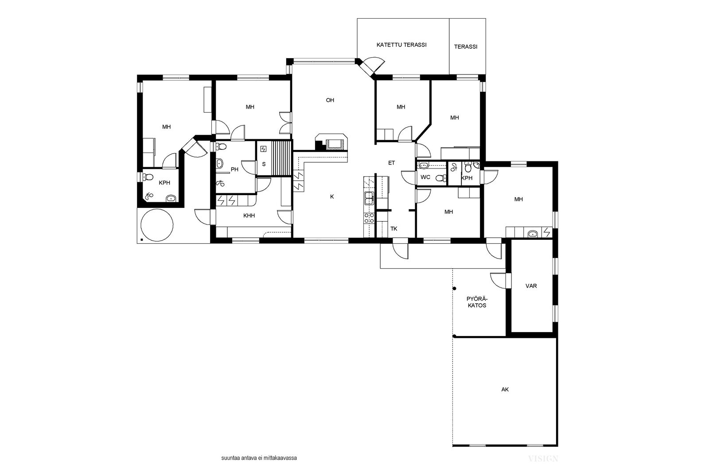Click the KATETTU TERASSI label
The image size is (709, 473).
click(401, 45)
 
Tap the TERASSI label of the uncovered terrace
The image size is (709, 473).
click(466, 47)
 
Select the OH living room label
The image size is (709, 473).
click(330, 100)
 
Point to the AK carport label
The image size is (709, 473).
click(505, 389)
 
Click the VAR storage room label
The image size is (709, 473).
click(531, 286)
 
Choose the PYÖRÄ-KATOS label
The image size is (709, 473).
click(477, 302)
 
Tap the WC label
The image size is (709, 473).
click(425, 177)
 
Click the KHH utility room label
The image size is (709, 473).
click(249, 215)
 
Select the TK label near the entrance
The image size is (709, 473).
click(394, 229)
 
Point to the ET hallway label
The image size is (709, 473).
click(392, 163)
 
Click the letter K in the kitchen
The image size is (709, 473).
click(332, 197)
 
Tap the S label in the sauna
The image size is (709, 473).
click(264, 164)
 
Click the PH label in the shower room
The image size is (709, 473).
click(234, 169)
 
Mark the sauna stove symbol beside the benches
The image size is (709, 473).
click(263, 149)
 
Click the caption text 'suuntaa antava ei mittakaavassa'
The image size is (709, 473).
click(259, 458)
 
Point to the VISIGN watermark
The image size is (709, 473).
click(543, 458)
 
